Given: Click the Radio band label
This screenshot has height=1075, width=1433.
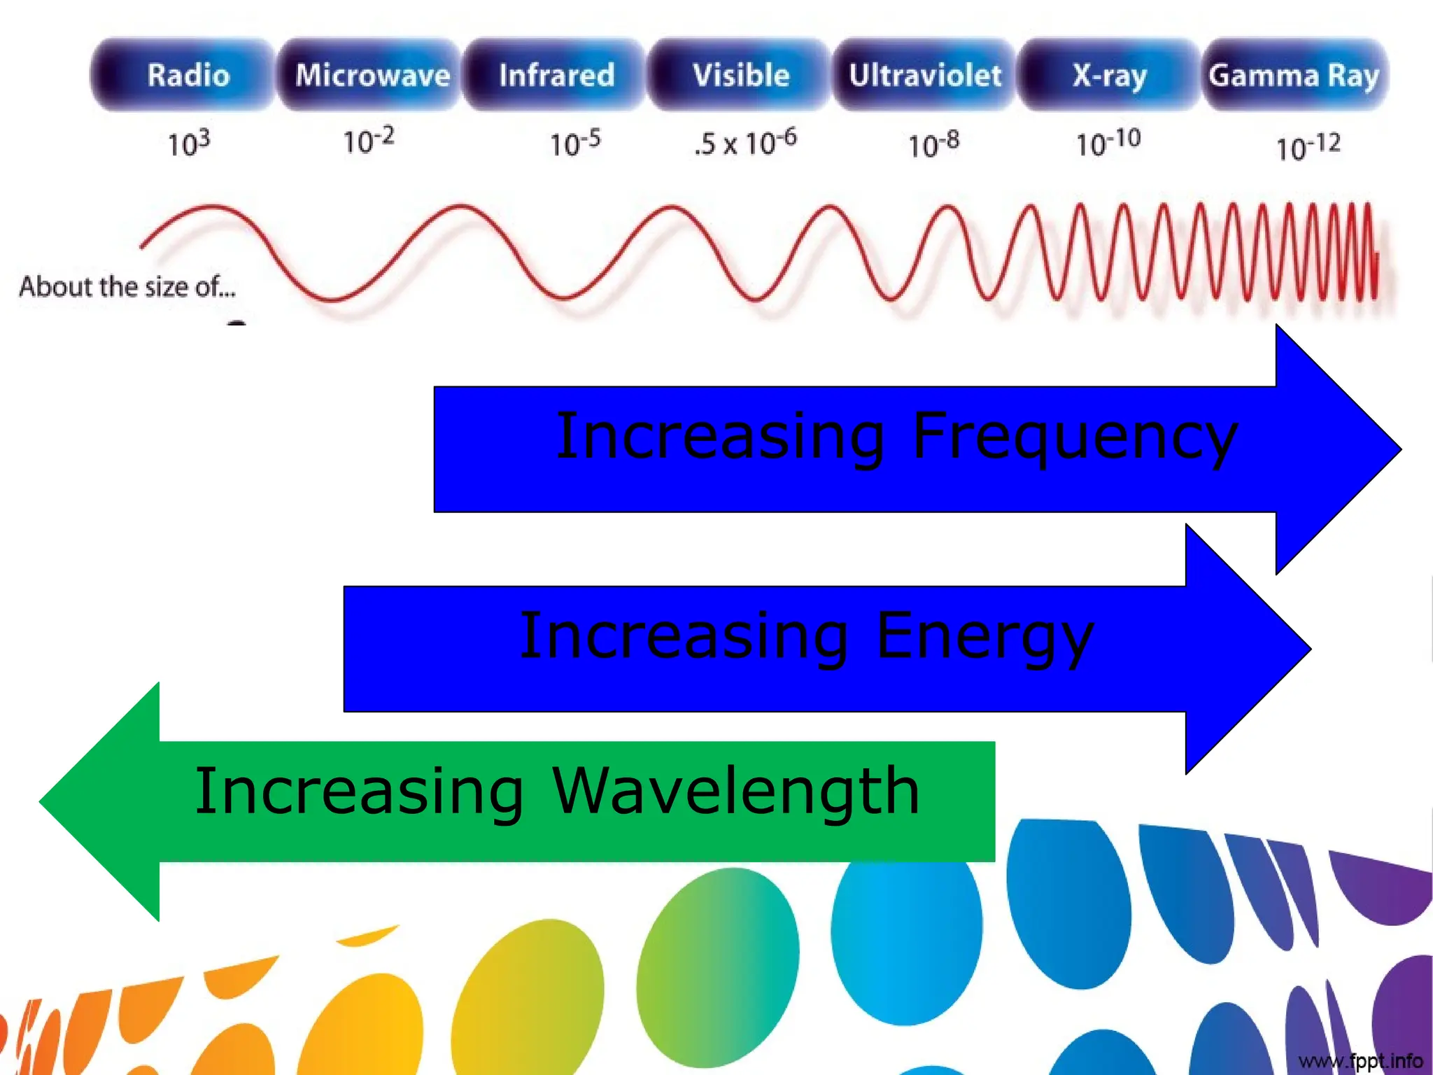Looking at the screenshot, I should (x=188, y=75).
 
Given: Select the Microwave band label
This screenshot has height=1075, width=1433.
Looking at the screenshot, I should (x=372, y=75).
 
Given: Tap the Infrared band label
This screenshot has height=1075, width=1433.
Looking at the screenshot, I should (x=556, y=75).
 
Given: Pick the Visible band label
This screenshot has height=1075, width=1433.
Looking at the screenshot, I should (x=741, y=75).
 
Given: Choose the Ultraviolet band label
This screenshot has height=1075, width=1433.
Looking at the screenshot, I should (x=925, y=75).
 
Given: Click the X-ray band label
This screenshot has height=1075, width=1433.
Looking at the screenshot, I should (x=1110, y=75).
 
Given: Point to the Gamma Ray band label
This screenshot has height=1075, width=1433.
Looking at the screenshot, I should (x=1294, y=75).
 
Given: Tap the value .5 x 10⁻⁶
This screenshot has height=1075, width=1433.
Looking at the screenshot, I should (x=745, y=142).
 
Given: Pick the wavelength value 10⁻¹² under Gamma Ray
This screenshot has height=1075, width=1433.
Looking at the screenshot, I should (x=1308, y=147).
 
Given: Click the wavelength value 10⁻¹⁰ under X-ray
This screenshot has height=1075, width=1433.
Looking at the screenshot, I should (x=1108, y=143).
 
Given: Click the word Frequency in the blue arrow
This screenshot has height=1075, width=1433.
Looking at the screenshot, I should (x=1075, y=437).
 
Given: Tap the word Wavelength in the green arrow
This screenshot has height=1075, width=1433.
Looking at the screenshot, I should (x=735, y=792).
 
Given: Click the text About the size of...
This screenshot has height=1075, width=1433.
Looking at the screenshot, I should (x=127, y=287).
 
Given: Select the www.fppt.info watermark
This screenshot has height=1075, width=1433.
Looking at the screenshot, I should (x=1360, y=1061).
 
